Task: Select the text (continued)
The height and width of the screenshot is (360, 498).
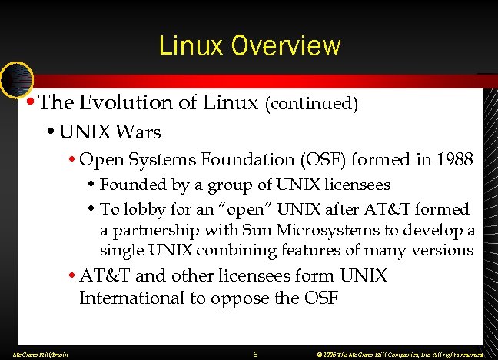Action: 311,104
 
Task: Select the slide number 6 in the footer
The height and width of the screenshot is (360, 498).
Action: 254,353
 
